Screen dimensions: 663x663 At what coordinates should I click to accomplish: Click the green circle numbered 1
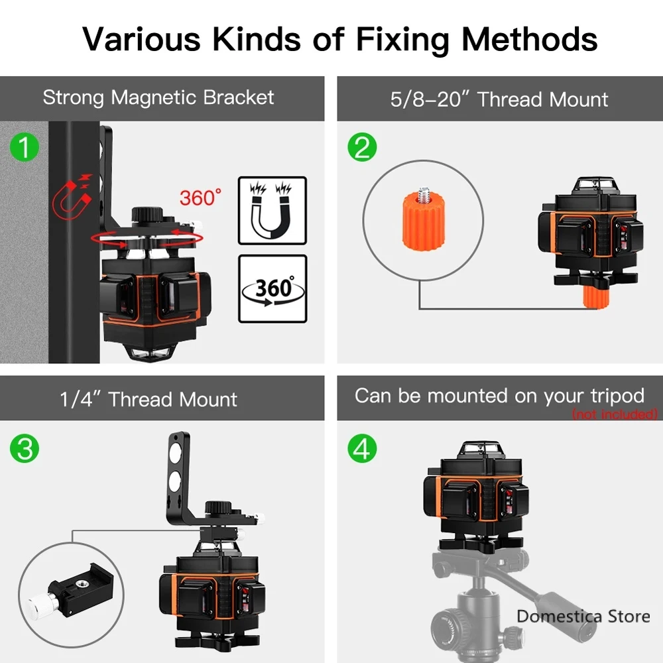tap(25, 148)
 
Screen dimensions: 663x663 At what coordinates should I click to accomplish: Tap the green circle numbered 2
tap(362, 147)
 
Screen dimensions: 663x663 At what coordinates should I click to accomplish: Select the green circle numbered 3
tap(25, 449)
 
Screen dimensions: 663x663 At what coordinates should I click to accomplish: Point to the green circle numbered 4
tap(362, 448)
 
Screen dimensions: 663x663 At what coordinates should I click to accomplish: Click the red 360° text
tap(200, 198)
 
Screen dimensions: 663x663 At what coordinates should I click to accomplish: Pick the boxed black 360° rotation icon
tap(272, 289)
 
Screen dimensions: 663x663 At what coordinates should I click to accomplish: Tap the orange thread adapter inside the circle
tap(423, 220)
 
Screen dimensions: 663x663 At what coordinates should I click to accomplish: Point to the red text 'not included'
tap(615, 414)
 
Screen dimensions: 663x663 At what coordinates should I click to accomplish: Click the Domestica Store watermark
tap(583, 617)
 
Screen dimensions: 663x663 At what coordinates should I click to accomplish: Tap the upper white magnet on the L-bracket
tap(175, 453)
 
